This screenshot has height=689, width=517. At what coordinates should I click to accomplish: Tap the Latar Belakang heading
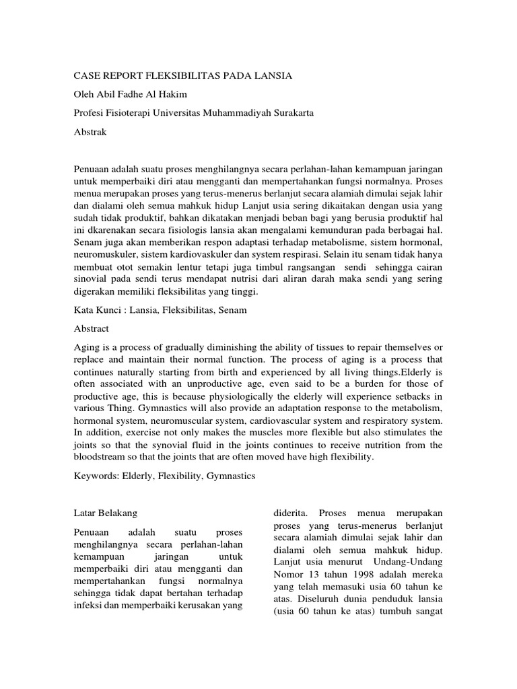(105, 513)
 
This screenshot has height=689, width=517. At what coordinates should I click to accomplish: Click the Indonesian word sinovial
(92, 280)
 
